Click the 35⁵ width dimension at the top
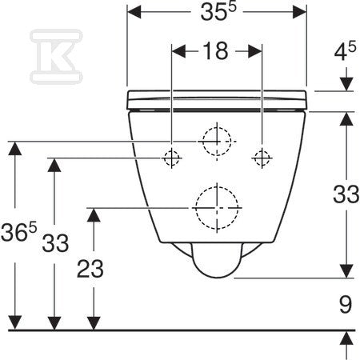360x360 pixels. tap(218, 12)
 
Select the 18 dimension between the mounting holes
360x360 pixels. tap(215, 50)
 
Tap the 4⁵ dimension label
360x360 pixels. tap(345, 51)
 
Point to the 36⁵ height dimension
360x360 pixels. tap(18, 231)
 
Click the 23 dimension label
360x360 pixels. tap(90, 269)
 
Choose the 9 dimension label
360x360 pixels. tap(346, 304)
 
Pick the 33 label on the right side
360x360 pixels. tap(346, 194)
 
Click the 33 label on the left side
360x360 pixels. tap(55, 243)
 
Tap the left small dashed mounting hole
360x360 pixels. tap(171, 158)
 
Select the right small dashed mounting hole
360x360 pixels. tap(262, 158)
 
